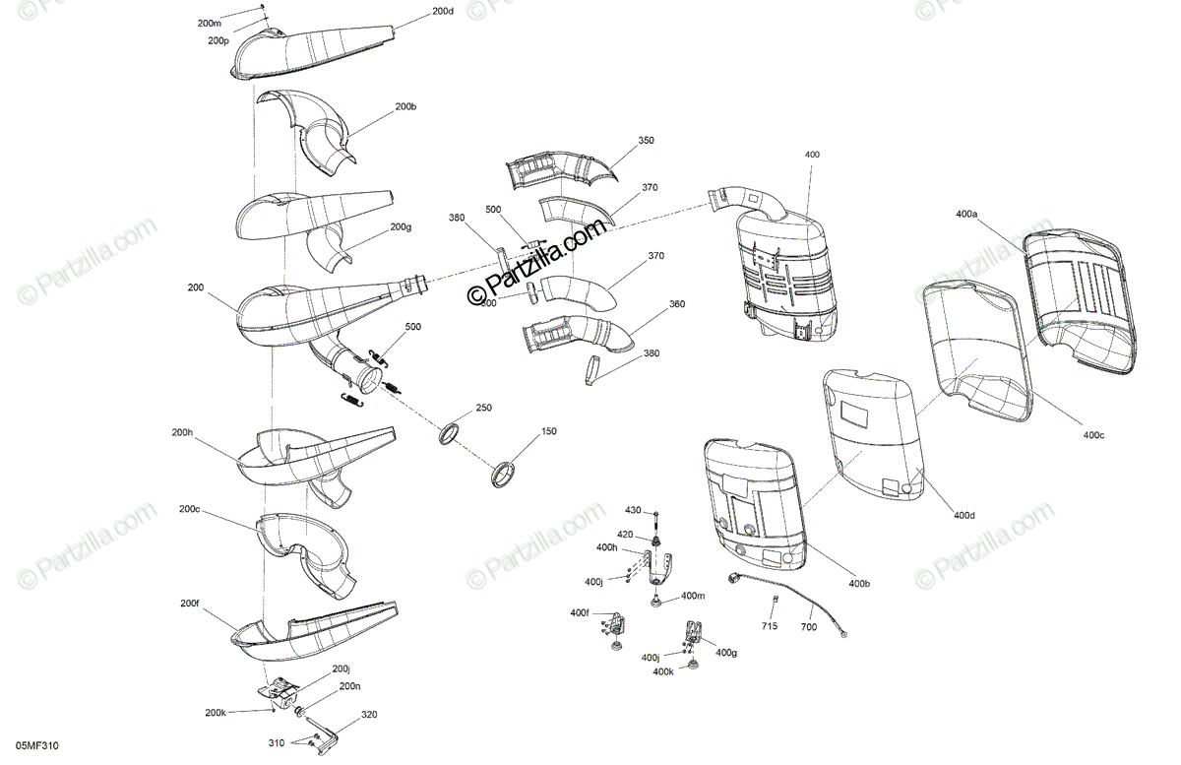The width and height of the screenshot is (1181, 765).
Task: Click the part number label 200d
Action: click(443, 12)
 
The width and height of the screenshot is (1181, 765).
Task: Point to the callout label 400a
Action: click(965, 213)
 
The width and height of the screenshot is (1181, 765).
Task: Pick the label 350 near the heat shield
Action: click(646, 141)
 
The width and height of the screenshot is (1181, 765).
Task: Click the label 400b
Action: click(859, 584)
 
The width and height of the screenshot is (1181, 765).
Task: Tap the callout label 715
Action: click(769, 626)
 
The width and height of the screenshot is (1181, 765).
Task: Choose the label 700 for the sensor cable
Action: click(808, 626)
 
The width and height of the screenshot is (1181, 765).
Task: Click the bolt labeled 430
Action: click(655, 518)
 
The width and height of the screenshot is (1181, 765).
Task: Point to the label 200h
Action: click(182, 432)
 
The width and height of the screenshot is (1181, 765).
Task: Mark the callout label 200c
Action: click(190, 509)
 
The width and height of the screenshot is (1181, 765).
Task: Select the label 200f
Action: click(190, 604)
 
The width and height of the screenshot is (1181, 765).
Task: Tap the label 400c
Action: click(1093, 434)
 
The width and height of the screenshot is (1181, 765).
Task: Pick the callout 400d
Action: click(964, 515)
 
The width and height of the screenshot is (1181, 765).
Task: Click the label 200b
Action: click(405, 105)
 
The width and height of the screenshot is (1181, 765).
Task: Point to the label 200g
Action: click(400, 226)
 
